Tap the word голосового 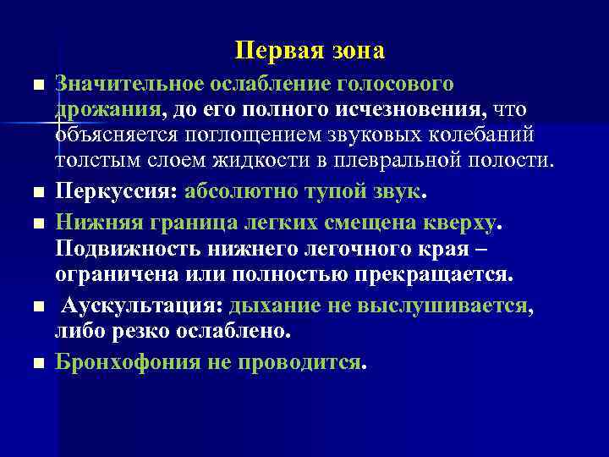[396, 85]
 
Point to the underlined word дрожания [107, 109]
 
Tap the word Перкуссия [111, 190]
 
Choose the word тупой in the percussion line [333, 190]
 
